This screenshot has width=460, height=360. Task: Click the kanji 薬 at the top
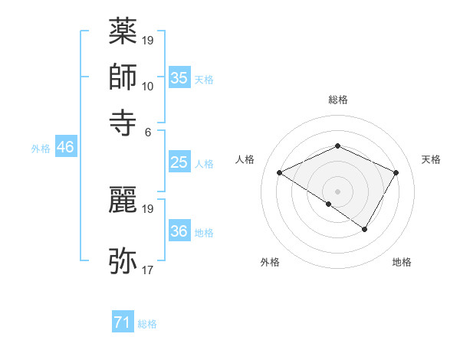point(123,33)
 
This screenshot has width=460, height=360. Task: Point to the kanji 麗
point(123,201)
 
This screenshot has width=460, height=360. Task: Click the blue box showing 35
point(179,77)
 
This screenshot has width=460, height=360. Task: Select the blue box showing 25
point(179,162)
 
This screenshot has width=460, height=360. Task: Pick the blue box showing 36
point(179,231)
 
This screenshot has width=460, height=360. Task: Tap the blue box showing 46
point(65,147)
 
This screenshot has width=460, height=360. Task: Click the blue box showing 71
point(123,322)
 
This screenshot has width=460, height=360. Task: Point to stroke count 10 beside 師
point(148,86)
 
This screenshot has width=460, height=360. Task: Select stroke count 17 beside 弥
point(148,270)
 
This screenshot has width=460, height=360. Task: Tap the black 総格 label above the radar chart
point(337,100)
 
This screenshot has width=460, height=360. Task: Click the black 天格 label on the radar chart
point(431,159)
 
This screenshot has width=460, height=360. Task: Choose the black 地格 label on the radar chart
point(402,262)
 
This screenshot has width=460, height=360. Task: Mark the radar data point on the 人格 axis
point(280,173)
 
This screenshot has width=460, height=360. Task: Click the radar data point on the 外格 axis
point(329,204)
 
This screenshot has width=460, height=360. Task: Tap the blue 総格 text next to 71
point(147,324)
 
